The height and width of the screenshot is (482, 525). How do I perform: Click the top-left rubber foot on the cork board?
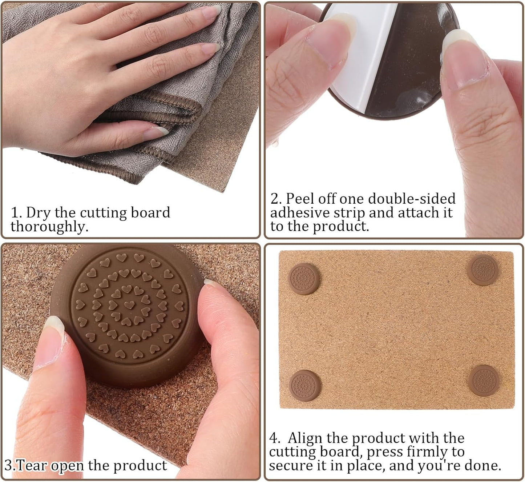click(x=304, y=279)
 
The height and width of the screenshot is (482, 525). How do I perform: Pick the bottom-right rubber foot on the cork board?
click(x=483, y=381)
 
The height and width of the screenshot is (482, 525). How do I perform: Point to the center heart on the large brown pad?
click(x=128, y=304)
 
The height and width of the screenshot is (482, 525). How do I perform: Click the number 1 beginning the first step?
click(x=15, y=212)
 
